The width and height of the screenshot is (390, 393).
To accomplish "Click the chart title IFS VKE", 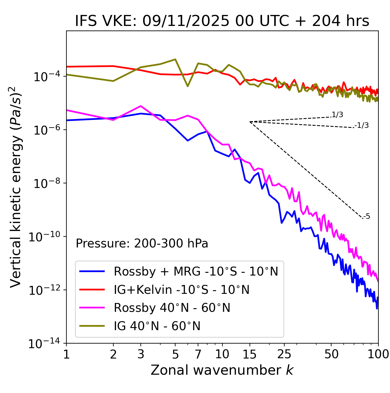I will tap(222, 21).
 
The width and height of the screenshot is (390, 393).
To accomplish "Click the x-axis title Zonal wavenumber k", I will tap(222, 370).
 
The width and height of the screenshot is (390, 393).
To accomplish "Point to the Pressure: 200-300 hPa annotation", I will tap(142, 243).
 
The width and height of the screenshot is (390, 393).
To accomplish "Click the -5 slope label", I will tap(367, 216).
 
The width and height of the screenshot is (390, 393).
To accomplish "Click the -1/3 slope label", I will tap(362, 125).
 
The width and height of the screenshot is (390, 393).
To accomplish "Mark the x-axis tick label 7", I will tap(198, 354).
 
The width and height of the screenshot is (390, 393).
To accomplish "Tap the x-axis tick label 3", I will tap(141, 354).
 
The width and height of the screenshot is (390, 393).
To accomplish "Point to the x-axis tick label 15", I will tap(250, 354).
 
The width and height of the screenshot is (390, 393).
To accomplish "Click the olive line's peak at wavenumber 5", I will tap(175, 59).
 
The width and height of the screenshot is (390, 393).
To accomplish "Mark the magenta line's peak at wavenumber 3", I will tap(141, 106).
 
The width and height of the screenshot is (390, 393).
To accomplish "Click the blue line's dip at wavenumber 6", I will tap(188, 141).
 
